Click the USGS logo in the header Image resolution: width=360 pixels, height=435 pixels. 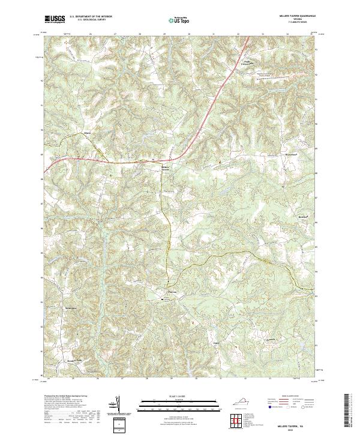(x=55, y=20)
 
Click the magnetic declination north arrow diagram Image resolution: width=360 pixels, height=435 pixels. (x=118, y=405)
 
